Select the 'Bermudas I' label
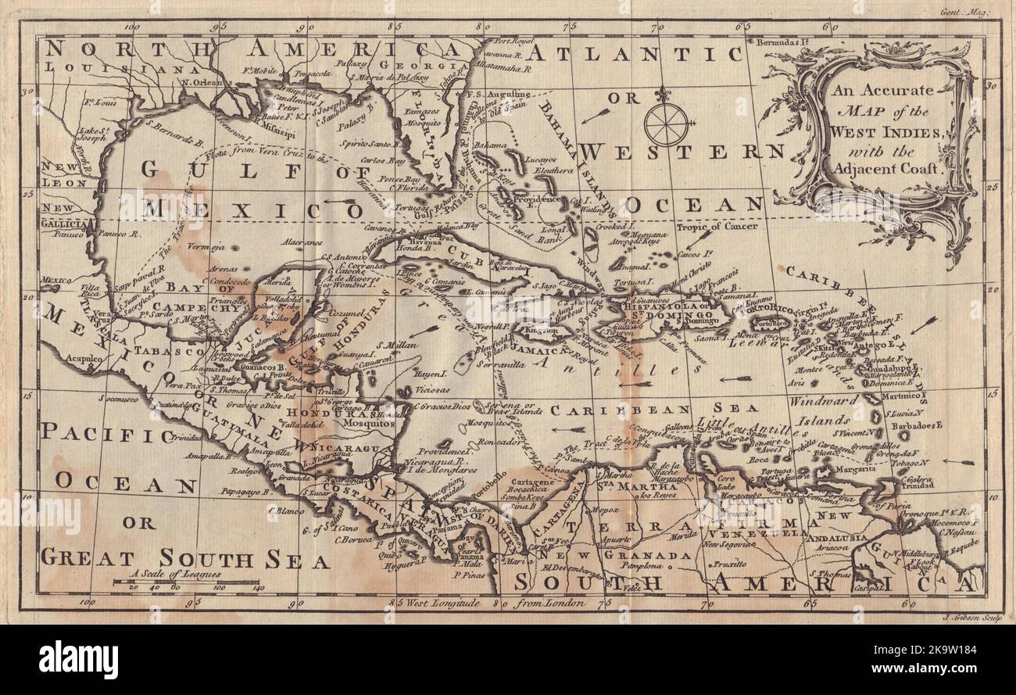(x=782, y=45)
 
